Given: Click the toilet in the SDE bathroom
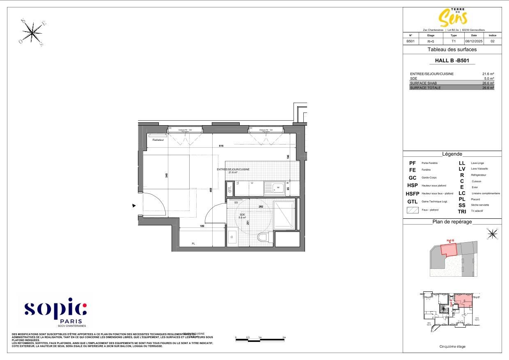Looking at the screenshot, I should click(x=262, y=237).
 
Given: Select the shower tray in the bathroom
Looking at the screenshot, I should click(x=284, y=215).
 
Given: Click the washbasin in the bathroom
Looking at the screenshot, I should click(x=232, y=237).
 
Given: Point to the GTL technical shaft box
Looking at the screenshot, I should click(x=230, y=189).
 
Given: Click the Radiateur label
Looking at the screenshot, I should click(x=158, y=140).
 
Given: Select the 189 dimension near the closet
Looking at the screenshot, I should click(x=202, y=226).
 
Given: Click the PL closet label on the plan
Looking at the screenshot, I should click(x=193, y=244).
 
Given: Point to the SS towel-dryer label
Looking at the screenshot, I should click(x=236, y=203).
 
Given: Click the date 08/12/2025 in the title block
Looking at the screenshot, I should click(x=474, y=41).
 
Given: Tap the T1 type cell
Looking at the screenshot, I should click(x=454, y=41).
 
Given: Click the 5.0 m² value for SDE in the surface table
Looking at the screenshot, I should click(x=488, y=78).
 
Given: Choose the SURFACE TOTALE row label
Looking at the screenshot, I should click(x=425, y=88).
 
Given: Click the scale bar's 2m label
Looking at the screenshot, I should click(x=284, y=337).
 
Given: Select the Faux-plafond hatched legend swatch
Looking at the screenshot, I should click(x=412, y=210).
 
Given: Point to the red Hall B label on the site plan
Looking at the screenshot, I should click(x=450, y=241).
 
